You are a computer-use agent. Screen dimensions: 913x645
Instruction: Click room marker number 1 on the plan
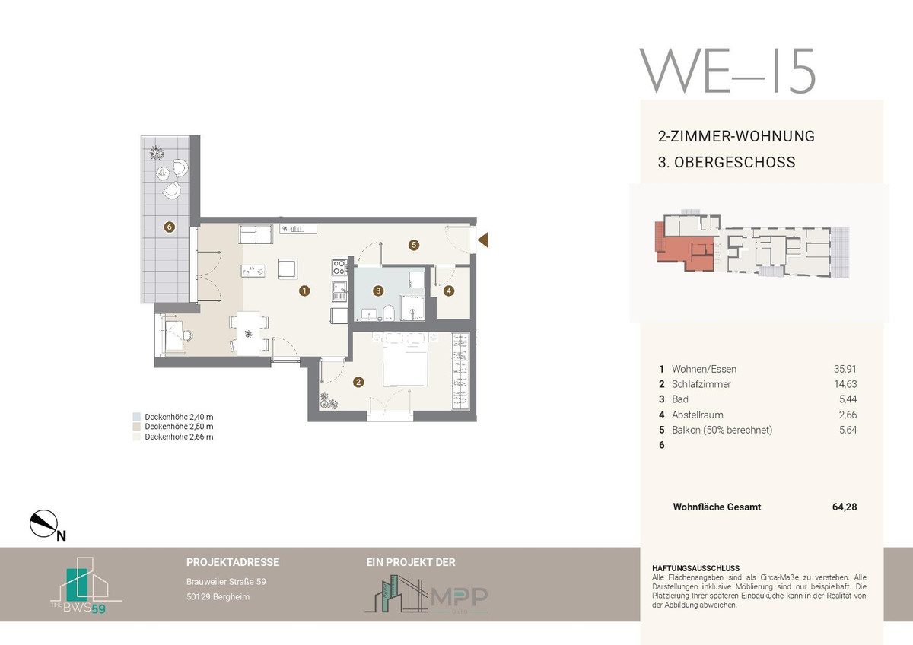coord(304,291)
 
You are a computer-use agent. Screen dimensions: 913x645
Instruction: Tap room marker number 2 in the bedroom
coord(358,382)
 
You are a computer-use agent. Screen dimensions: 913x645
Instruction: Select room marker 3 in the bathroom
coord(378,291)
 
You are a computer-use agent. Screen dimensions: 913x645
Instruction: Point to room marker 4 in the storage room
coord(449,291)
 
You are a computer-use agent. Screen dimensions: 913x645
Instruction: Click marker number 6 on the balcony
coord(170,227)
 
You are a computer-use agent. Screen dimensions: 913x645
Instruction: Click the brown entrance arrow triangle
coord(483,240)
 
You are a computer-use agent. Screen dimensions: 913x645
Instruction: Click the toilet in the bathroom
coord(389,313)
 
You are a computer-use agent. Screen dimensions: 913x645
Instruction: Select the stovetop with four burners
coord(339,267)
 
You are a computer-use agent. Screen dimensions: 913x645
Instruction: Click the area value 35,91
coord(845,369)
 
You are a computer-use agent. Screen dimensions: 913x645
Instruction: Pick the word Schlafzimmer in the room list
coord(701,384)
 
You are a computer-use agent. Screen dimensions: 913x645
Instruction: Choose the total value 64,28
coord(845,507)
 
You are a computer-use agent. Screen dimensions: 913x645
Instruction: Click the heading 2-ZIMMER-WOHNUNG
coord(736,136)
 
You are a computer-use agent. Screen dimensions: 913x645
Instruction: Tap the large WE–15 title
coord(727,71)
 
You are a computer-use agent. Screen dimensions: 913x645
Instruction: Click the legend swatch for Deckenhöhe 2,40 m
coord(136,416)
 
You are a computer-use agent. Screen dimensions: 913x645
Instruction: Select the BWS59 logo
coord(86,586)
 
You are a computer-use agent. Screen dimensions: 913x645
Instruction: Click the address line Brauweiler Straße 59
coord(226,581)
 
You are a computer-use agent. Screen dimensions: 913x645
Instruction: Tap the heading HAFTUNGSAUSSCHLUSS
coord(695,568)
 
